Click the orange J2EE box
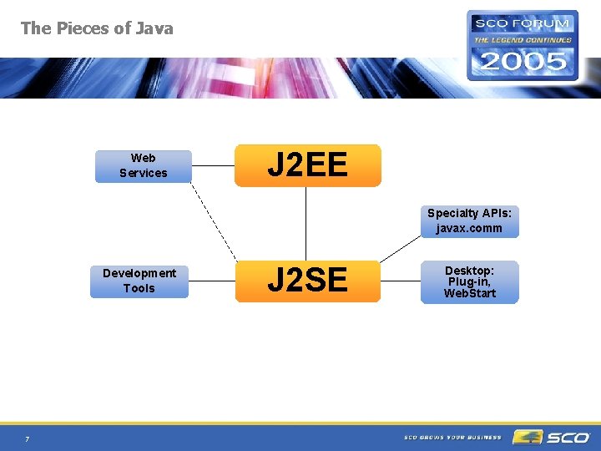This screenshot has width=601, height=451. click(307, 165)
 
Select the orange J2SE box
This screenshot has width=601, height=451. click(307, 281)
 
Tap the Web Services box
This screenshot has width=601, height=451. click(143, 165)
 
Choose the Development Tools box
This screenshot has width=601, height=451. click(139, 281)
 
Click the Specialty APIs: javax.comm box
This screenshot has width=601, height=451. click(469, 220)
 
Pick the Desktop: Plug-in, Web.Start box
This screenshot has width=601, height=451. click(469, 282)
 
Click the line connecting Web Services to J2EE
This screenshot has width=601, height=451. click(213, 165)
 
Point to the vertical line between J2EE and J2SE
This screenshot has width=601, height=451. click(307, 223)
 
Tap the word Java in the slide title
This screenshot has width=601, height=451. click(154, 28)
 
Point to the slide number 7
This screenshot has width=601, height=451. click(27, 439)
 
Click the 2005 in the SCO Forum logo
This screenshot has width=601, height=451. click(522, 60)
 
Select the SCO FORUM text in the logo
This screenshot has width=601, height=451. click(522, 23)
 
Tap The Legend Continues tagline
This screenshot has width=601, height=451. click(523, 39)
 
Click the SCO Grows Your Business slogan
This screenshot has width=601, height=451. click(452, 437)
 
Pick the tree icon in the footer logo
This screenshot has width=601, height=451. click(527, 437)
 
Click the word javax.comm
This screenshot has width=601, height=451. click(469, 228)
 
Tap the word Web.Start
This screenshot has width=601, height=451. click(469, 293)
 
